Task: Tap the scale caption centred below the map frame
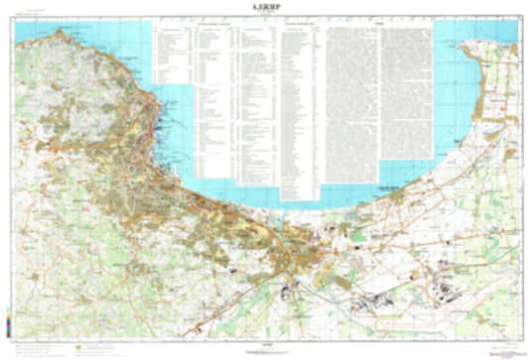tap(263, 344)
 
